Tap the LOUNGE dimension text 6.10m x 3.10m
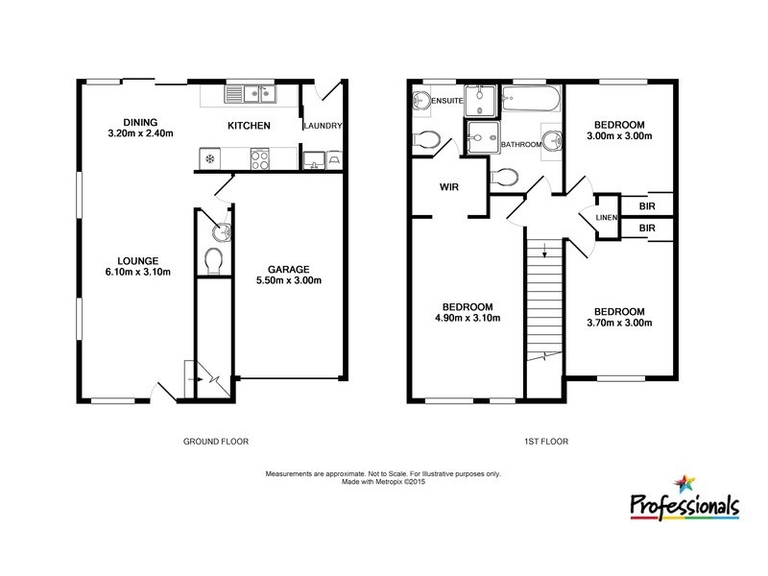(139, 272)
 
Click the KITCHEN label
(249, 126)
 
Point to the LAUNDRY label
(323, 126)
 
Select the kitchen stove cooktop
(260, 157)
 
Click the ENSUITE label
(447, 100)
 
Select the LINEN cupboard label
(605, 218)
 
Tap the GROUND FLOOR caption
(216, 443)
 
